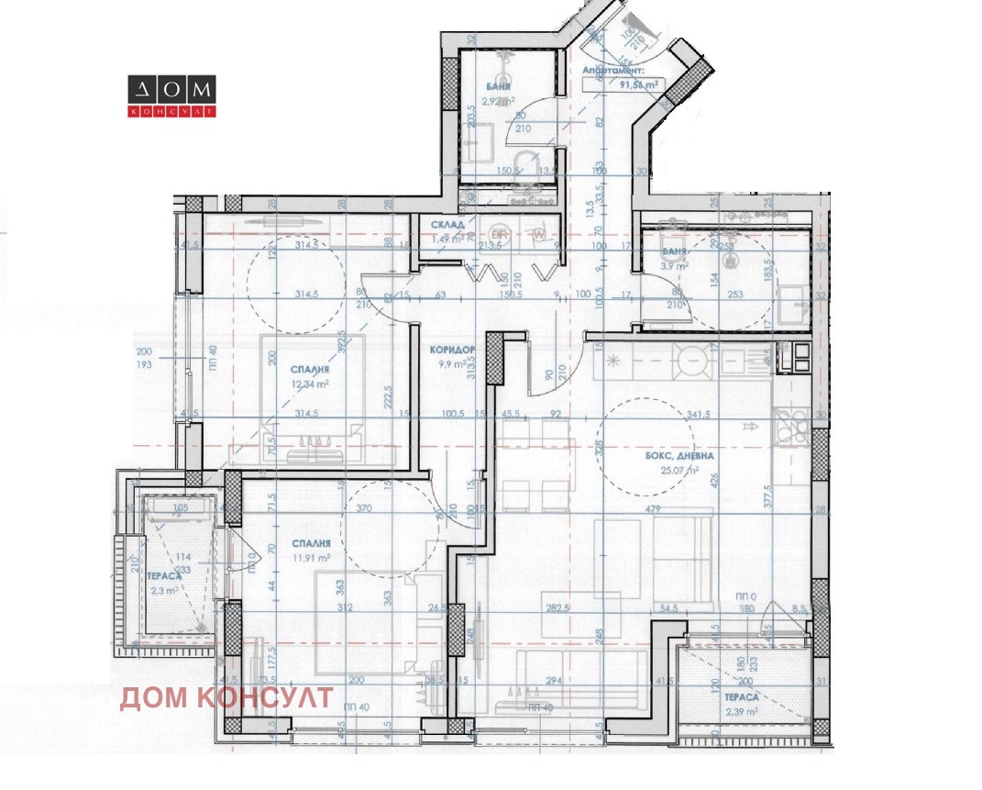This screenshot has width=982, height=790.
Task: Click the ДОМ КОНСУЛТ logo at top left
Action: point(171,96)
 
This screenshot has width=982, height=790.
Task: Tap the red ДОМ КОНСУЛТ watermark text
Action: point(226,698)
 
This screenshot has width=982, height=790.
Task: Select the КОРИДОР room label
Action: point(452,350)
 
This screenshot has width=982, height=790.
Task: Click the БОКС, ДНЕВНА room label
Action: point(667,456)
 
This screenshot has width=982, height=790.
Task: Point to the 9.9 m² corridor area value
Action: point(452,364)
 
